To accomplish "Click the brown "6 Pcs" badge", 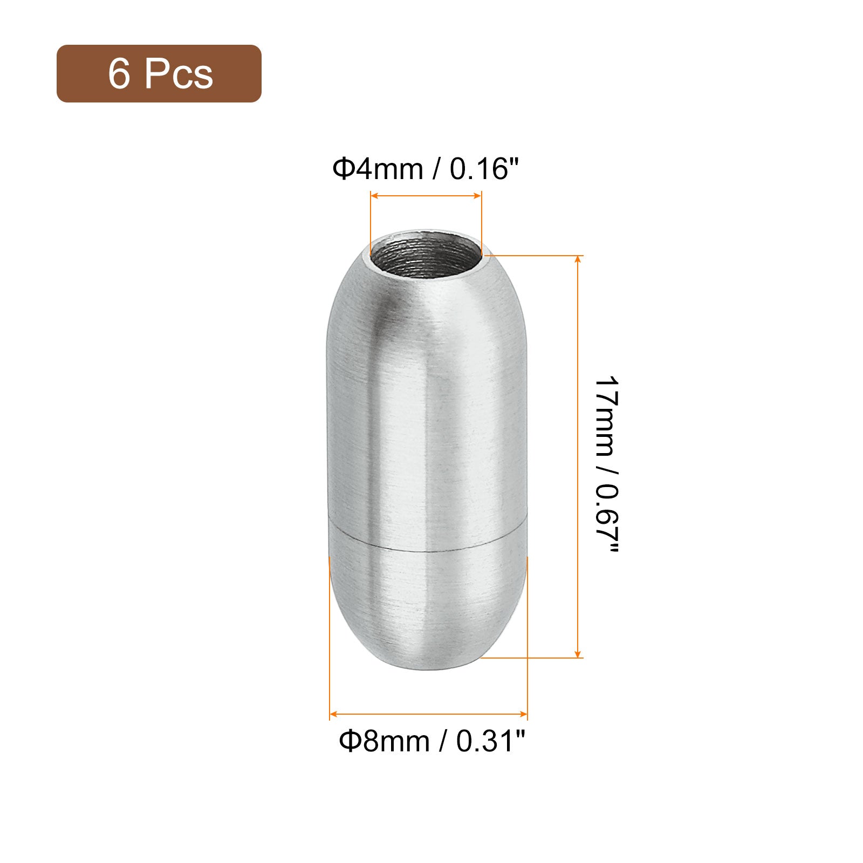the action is pyautogui.click(x=159, y=73).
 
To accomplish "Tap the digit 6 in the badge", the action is pyautogui.click(x=119, y=73).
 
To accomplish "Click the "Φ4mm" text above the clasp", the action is pyautogui.click(x=378, y=169).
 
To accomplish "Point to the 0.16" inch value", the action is pyautogui.click(x=484, y=169).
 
